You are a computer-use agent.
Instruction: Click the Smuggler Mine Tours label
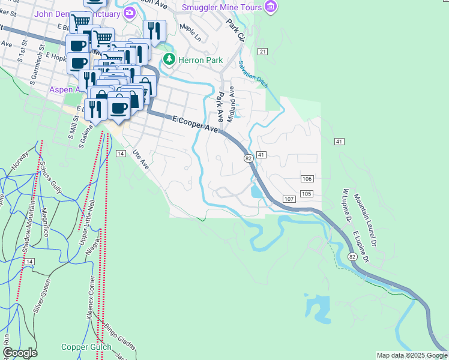222,7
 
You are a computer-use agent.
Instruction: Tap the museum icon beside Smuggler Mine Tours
271,7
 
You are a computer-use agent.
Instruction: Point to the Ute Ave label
140,159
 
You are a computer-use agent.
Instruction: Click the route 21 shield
263,52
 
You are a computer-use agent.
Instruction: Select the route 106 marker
307,179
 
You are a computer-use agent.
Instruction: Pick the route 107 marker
289,199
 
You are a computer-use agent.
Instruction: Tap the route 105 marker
306,193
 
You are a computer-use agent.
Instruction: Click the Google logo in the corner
20,353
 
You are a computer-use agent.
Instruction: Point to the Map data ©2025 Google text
412,355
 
